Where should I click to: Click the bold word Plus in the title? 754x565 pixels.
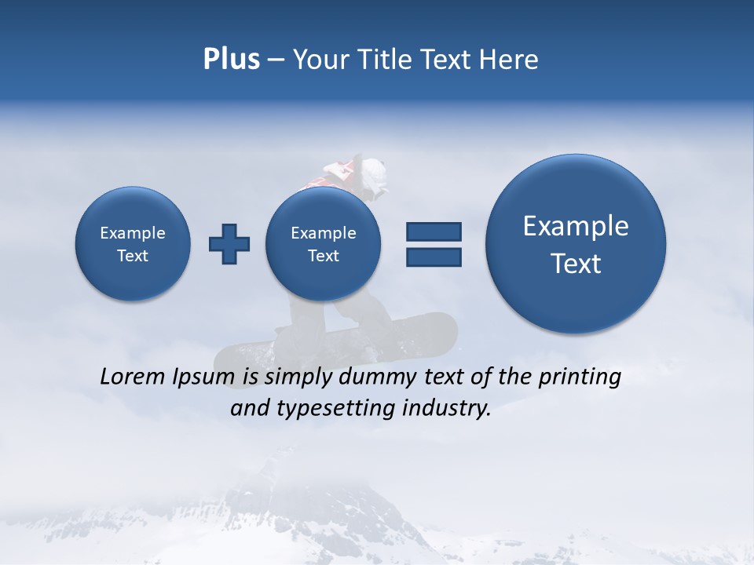[231, 60]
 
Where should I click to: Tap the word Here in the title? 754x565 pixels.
[509, 60]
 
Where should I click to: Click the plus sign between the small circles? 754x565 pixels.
[229, 244]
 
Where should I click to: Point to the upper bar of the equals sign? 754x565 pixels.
[434, 231]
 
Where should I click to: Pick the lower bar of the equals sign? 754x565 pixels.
[434, 257]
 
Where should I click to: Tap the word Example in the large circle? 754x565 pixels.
[576, 226]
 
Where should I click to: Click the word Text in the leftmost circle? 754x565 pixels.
[133, 256]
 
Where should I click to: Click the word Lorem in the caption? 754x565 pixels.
[133, 377]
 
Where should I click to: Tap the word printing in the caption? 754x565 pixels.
[580, 377]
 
